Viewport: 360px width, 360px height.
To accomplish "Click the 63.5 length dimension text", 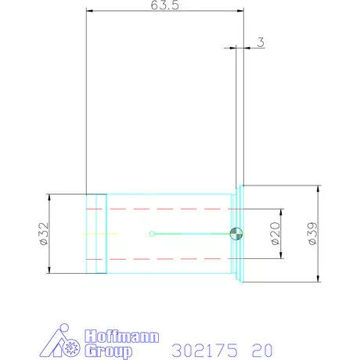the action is pyautogui.click(x=165, y=5).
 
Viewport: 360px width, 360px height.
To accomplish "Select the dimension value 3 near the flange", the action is pyautogui.click(x=261, y=42).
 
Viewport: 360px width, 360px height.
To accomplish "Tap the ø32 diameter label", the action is pyautogui.click(x=44, y=234).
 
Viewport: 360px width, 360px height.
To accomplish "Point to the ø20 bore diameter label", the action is pyautogui.click(x=275, y=233).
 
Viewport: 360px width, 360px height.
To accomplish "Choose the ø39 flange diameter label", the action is pyautogui.click(x=313, y=233).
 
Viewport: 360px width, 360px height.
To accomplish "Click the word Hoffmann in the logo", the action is pyautogui.click(x=122, y=337).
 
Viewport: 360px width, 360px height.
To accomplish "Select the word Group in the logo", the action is pyautogui.click(x=109, y=351).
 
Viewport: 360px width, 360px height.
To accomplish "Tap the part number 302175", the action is pyautogui.click(x=205, y=350).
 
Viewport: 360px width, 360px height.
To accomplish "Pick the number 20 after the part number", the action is pyautogui.click(x=262, y=350).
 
